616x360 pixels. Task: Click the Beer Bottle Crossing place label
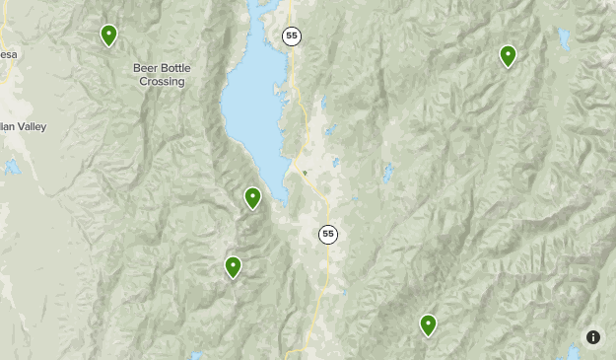pyautogui.click(x=162, y=75)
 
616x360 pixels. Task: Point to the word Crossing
pyautogui.click(x=162, y=82)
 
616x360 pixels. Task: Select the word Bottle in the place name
pyautogui.click(x=174, y=68)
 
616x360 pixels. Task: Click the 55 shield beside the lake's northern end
pyautogui.click(x=291, y=36)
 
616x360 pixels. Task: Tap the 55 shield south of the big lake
pyautogui.click(x=327, y=234)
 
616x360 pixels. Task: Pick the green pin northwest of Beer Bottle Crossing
pyautogui.click(x=108, y=36)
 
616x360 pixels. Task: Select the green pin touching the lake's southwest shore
pyautogui.click(x=252, y=198)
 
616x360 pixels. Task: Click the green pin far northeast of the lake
pyautogui.click(x=508, y=56)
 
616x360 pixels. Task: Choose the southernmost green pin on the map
pyautogui.click(x=428, y=324)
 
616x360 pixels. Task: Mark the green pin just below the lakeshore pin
pyautogui.click(x=233, y=267)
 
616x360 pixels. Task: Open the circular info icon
pyautogui.click(x=593, y=337)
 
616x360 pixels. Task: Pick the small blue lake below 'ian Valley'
pyautogui.click(x=11, y=167)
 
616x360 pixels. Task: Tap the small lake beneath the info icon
pyautogui.click(x=575, y=353)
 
